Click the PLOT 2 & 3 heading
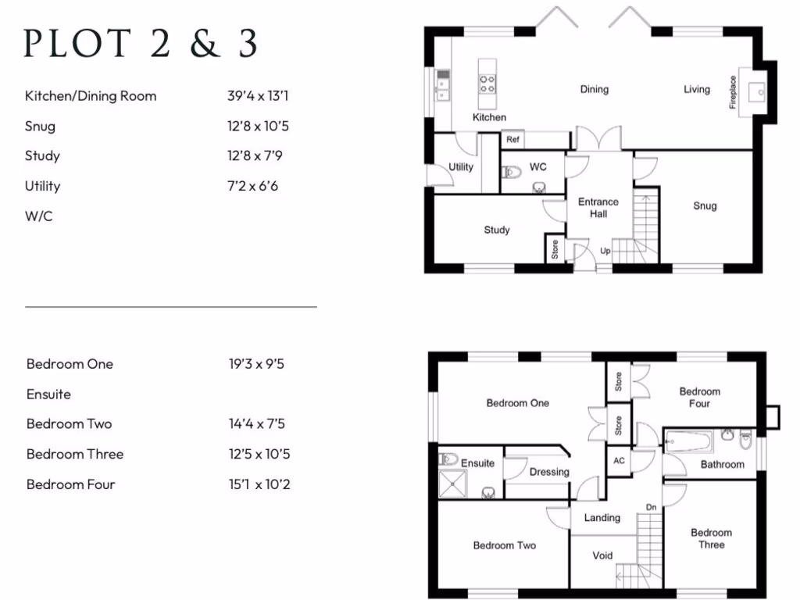[x=141, y=44]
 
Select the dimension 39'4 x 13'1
[x=259, y=96]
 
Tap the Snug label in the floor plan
[x=705, y=206]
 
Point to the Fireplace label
[x=733, y=92]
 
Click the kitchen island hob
[x=487, y=83]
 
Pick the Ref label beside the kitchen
[x=512, y=140]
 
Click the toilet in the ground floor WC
[x=512, y=172]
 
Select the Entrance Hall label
[x=598, y=208]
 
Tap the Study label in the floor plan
[x=497, y=230]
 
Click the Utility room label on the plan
[x=461, y=167]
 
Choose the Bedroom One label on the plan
[x=517, y=403]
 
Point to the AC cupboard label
[x=619, y=461]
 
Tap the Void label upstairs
[x=602, y=555]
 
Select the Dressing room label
[x=549, y=472]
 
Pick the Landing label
[x=602, y=517]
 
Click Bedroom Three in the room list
[x=75, y=454]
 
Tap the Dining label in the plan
[x=594, y=89]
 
